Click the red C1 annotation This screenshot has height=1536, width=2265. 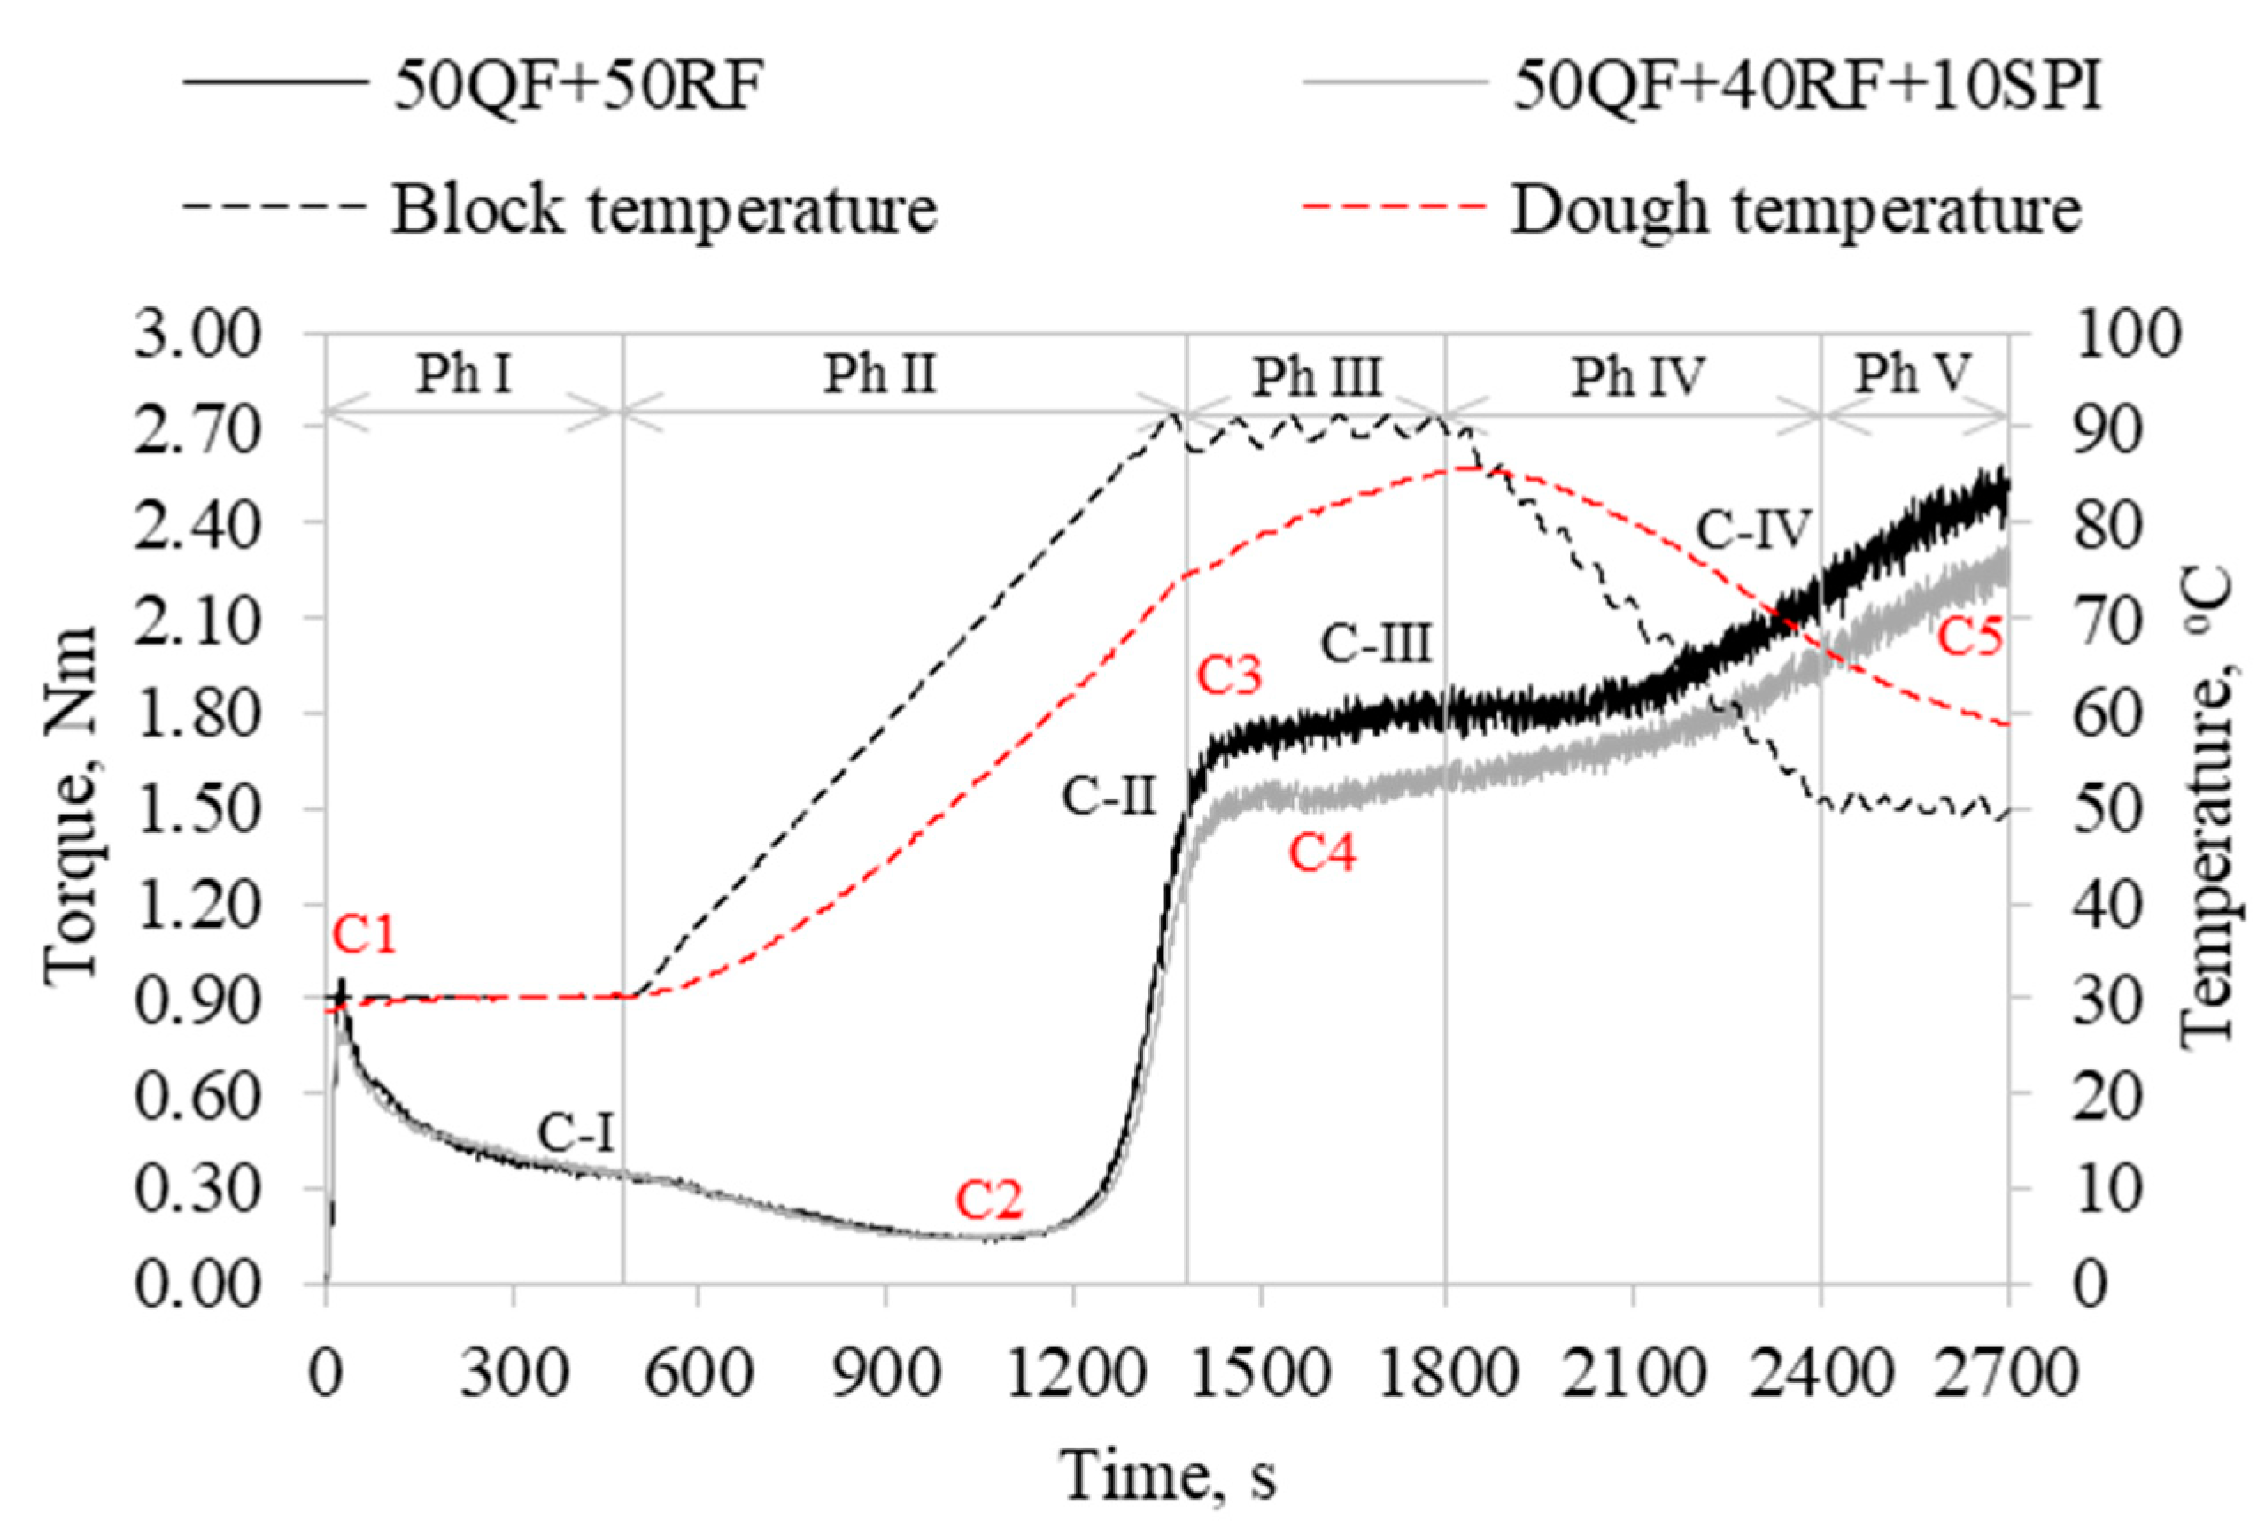(x=365, y=937)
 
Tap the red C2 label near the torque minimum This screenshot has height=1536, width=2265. (x=988, y=1200)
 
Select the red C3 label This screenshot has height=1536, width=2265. (x=1229, y=675)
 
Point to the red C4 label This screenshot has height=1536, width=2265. (x=1322, y=854)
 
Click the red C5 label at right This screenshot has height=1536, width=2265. (x=1968, y=638)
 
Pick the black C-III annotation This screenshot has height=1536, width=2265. (x=1376, y=645)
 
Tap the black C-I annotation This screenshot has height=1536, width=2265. (x=576, y=1132)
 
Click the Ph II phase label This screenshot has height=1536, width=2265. (x=880, y=374)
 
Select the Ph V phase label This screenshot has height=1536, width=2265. (x=1913, y=374)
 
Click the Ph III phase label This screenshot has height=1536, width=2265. (x=1317, y=376)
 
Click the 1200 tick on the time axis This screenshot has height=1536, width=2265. (x=1072, y=1374)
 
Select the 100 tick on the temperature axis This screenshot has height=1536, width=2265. (x=2123, y=334)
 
